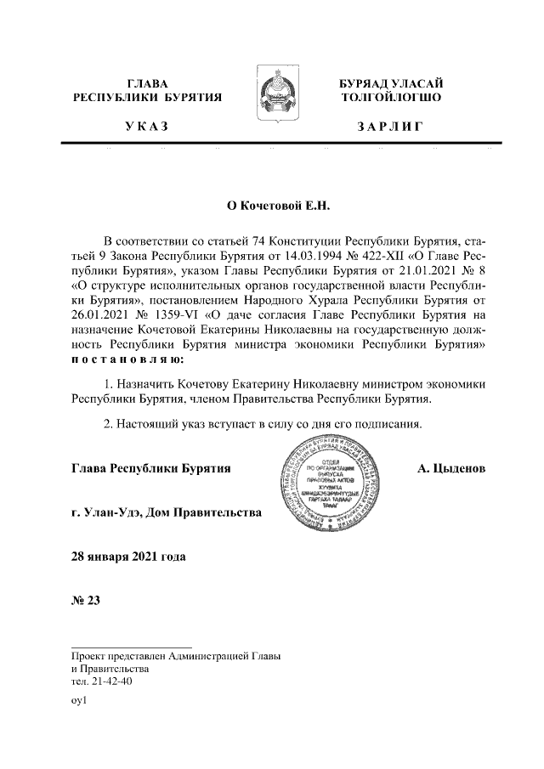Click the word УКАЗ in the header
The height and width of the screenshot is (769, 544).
(145, 127)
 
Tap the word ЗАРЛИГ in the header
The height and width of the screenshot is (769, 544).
(388, 127)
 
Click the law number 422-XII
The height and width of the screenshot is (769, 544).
(371, 256)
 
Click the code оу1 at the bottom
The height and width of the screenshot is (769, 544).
(81, 703)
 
